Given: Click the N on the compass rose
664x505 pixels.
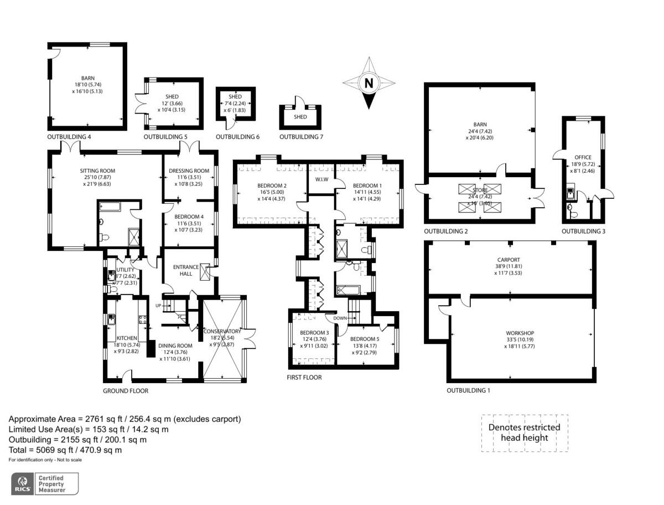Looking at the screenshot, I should point(367,84).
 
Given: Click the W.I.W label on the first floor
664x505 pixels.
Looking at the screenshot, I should point(321,179).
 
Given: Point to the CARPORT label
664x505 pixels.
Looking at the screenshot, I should point(509,259).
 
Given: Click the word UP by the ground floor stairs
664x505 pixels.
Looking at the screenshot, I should point(158,306).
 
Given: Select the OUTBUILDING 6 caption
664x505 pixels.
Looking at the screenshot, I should point(237,137).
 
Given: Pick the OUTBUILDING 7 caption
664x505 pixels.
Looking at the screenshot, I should point(301,137).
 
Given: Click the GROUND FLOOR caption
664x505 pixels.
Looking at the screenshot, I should point(126,390).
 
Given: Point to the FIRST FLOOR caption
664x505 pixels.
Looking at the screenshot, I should point(304,378).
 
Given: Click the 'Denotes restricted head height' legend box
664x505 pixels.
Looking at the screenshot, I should point(524,432).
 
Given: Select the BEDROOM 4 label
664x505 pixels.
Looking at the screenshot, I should point(189,217).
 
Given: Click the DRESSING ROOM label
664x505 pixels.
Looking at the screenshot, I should point(189,171).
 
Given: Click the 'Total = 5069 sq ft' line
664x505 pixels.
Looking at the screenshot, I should point(65,450).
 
